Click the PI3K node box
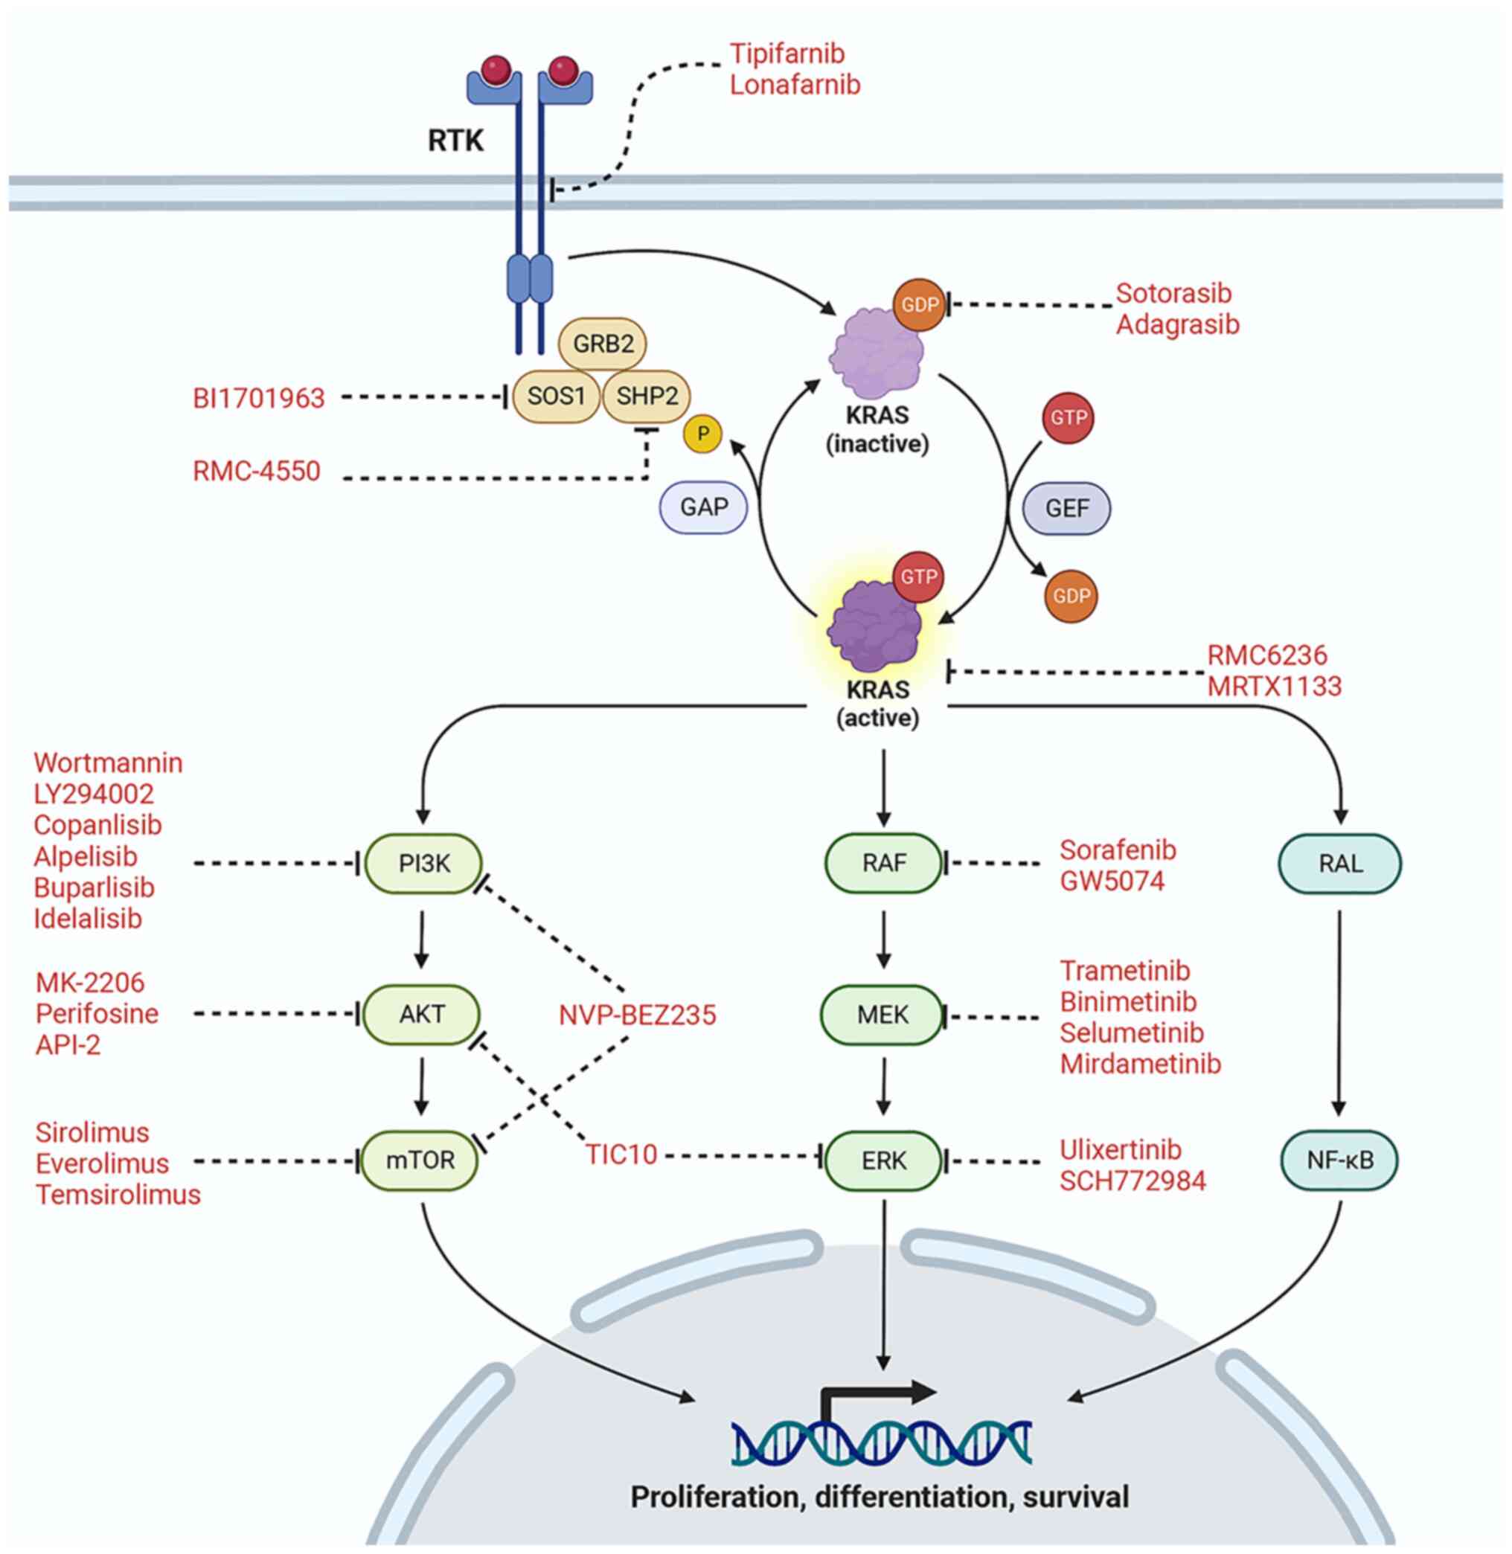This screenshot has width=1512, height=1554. [x=423, y=863]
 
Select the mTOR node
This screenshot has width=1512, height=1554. [x=420, y=1160]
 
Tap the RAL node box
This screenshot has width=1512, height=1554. [x=1339, y=863]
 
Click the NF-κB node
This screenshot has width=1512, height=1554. [x=1339, y=1160]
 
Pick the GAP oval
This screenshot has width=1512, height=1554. [x=704, y=507]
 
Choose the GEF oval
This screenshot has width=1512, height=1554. [x=1066, y=508]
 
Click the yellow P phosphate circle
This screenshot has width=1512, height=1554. [x=702, y=434]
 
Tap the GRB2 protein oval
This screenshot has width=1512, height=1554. [x=603, y=344]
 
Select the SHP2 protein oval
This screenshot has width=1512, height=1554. [x=647, y=396]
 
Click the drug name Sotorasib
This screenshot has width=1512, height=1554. [x=1173, y=293]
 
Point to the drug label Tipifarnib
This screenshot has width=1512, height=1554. [x=787, y=54]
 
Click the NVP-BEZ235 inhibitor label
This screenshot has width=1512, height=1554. [x=637, y=1014]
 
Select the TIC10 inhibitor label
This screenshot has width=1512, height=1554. [x=621, y=1154]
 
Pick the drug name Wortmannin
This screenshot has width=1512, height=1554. [x=108, y=762]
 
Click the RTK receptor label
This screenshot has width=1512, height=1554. [x=455, y=141]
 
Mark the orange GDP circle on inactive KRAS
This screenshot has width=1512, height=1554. [x=920, y=304]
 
